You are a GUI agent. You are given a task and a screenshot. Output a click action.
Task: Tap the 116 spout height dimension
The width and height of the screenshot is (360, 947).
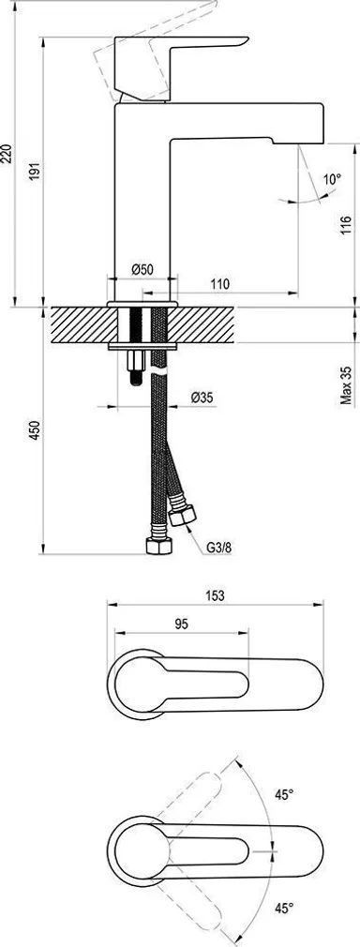coord(346,227)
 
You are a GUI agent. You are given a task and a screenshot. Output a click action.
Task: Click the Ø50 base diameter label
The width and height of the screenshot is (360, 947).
coord(142,269)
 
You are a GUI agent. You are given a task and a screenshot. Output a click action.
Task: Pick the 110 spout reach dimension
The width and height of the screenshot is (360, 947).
coord(220,283)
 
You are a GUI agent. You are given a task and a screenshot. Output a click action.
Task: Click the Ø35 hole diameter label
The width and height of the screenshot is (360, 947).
coord(202,398)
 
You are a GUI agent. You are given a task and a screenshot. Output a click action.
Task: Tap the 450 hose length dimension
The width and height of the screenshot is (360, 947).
coord(35,430)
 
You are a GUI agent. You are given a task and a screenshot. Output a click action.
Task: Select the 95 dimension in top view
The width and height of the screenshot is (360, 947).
coord(182,622)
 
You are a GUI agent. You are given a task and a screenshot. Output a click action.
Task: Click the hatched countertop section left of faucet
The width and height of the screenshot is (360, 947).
coord(80,327)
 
